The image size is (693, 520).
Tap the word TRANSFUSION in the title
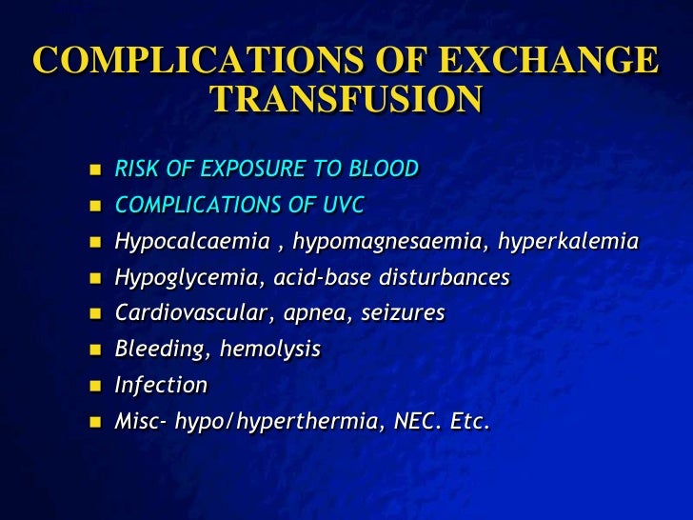pyautogui.click(x=346, y=99)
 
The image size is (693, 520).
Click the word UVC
pyautogui.click(x=345, y=206)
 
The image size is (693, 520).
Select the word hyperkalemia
pyautogui.click(x=569, y=242)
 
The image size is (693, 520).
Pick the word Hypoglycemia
pyautogui.click(x=175, y=277)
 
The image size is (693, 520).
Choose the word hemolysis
pyautogui.click(x=270, y=350)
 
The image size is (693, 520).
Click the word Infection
pyautogui.click(x=160, y=386)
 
